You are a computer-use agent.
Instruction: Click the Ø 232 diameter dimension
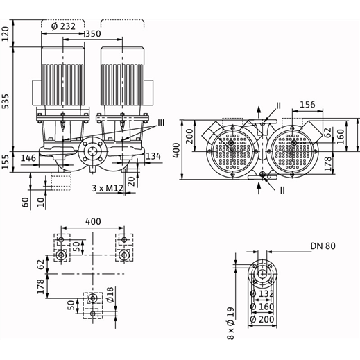(63, 26)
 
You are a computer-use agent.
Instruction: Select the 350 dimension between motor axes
(94, 34)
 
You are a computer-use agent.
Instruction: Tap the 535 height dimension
(6, 101)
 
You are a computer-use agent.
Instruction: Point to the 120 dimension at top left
(6, 34)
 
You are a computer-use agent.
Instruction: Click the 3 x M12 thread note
(108, 188)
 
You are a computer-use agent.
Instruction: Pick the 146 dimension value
(28, 158)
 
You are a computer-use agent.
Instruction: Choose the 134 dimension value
(153, 156)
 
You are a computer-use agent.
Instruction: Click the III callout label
(161, 123)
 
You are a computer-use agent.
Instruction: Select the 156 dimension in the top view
(307, 105)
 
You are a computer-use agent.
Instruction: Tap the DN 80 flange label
(323, 246)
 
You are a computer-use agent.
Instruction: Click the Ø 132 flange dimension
(262, 294)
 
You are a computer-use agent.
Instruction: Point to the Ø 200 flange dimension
(262, 320)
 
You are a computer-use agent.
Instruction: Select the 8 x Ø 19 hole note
(231, 323)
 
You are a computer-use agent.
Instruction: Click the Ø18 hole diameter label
(111, 295)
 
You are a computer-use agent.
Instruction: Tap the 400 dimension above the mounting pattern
(93, 221)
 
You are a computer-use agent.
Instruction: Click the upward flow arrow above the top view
(259, 112)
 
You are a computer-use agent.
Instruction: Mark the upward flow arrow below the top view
(259, 188)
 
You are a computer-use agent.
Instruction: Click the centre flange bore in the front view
(93, 151)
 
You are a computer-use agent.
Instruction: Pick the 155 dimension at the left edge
(6, 162)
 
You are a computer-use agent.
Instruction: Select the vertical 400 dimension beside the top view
(176, 151)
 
